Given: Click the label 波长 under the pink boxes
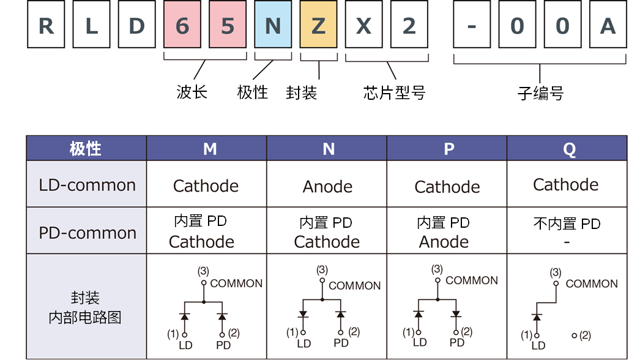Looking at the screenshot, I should pos(192,92).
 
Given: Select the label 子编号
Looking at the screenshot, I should pos(540,94).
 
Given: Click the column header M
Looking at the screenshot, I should pos(210,149).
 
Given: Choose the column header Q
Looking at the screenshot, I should pos(569,149).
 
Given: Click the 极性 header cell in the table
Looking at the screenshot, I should pos(86,149).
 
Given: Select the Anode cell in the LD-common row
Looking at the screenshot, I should pos(327,186).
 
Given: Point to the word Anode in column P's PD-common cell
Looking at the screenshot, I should pos(444,242).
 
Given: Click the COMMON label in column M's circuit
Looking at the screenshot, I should pos(236,283).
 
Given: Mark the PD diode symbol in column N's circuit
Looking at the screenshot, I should pos(341,314).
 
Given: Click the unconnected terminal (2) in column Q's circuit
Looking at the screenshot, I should pos(575,336).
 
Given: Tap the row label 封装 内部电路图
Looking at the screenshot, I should pos(85,308).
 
